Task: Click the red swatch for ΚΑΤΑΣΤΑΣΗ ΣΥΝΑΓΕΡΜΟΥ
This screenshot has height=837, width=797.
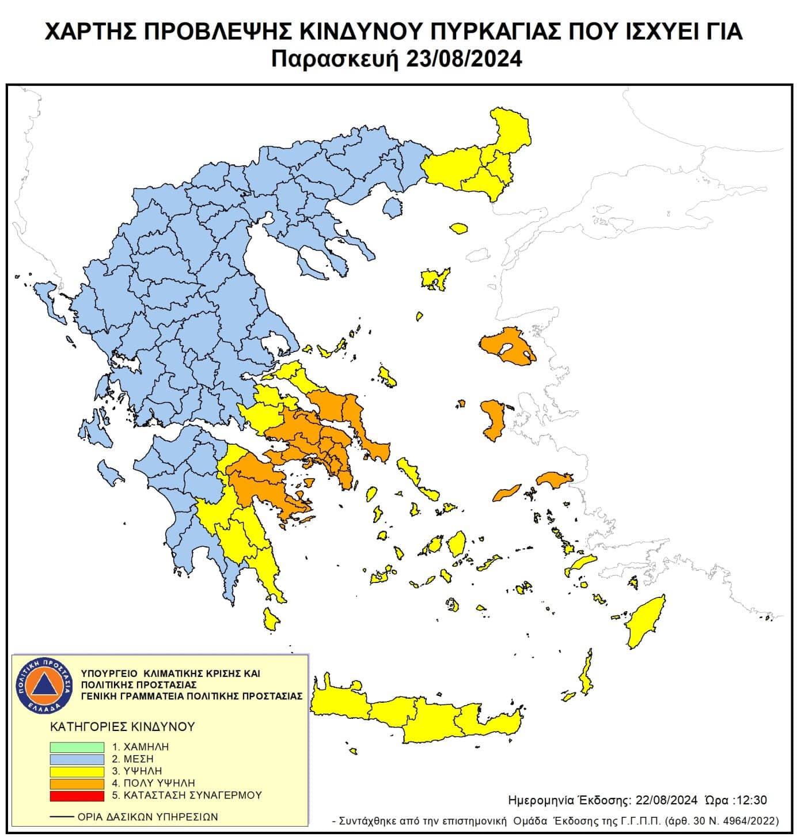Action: click(77, 796)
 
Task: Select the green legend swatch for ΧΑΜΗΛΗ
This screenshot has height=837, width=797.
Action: click(77, 747)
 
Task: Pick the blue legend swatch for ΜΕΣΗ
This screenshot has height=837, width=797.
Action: click(77, 759)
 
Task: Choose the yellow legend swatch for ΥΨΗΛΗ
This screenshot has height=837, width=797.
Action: click(77, 771)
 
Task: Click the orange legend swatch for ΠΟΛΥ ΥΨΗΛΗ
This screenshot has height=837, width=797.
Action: click(77, 783)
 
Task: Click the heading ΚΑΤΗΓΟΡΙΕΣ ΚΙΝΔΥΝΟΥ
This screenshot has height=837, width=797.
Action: click(123, 726)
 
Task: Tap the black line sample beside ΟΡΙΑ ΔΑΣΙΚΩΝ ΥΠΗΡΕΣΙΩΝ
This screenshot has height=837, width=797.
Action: click(62, 817)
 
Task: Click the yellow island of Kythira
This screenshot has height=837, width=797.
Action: click(270, 619)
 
